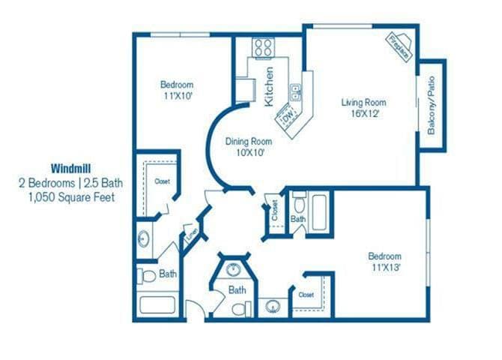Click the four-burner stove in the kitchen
(x=263, y=49)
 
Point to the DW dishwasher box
(x=287, y=118)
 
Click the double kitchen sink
(x=296, y=92)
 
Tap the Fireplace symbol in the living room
(x=399, y=43)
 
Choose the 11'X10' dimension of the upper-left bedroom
(x=177, y=96)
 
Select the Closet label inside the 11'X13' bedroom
(x=306, y=295)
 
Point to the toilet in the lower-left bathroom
(x=147, y=275)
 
